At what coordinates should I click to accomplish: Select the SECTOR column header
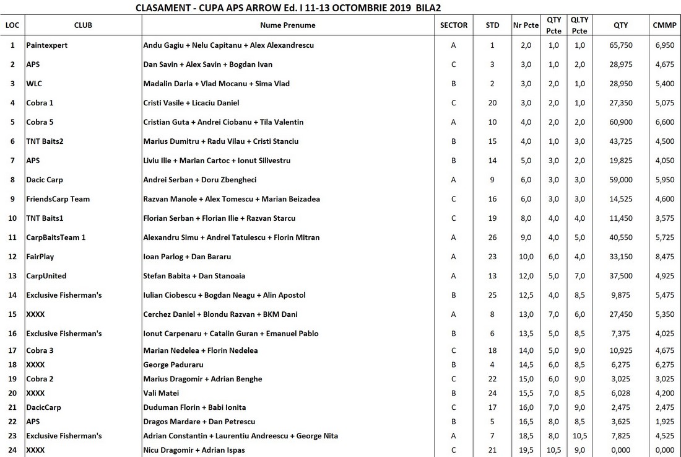(x=453, y=25)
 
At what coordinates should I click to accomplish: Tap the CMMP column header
(x=664, y=25)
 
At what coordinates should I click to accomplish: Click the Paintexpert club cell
(x=47, y=45)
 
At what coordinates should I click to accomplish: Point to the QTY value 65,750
(x=621, y=45)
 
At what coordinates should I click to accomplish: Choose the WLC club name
(x=34, y=84)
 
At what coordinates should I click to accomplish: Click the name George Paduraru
(x=173, y=365)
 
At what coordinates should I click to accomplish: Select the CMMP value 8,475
(x=664, y=257)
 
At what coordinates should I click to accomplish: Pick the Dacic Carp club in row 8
(x=45, y=180)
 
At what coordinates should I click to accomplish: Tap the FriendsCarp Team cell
(x=58, y=199)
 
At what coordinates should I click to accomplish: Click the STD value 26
(x=492, y=237)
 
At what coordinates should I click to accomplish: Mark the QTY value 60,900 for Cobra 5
(x=621, y=122)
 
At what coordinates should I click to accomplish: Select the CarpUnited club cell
(x=46, y=276)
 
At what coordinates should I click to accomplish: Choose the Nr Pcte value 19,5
(x=526, y=450)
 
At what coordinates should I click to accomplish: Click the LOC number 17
(x=12, y=350)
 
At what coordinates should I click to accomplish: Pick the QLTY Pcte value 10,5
(x=579, y=436)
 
